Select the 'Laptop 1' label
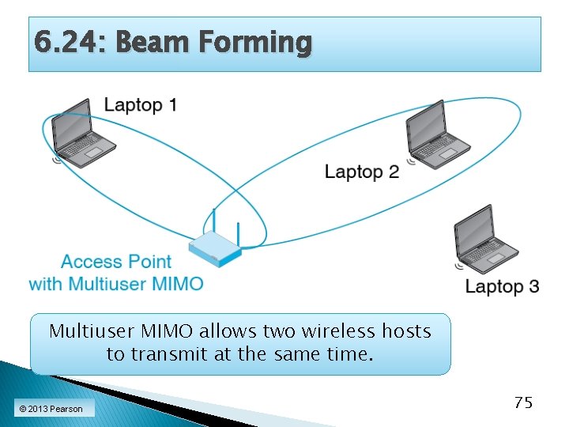(141, 105)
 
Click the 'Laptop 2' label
(362, 172)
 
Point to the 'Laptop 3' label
(502, 286)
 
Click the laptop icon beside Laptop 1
(81, 134)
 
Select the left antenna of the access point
(213, 222)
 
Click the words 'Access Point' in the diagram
(116, 262)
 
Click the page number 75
(522, 402)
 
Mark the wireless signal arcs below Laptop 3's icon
(459, 266)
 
